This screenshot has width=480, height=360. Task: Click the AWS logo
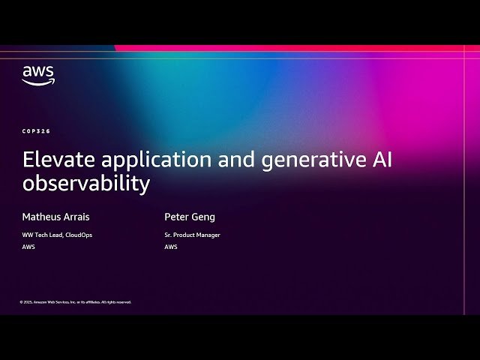pos(37,75)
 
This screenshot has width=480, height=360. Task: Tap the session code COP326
pos(37,131)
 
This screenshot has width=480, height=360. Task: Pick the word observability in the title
pos(86,183)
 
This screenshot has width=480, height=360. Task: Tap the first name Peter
pos(176,217)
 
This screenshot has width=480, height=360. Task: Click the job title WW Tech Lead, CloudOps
pos(57,235)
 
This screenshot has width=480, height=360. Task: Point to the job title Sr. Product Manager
pos(192,235)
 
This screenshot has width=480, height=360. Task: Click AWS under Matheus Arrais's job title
pos(28,247)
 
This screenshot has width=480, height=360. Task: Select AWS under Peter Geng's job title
pos(171,247)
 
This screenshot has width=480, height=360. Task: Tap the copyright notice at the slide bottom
pos(75,302)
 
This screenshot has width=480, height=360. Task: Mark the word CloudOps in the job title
pos(79,235)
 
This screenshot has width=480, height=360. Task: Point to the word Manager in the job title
pos(208,235)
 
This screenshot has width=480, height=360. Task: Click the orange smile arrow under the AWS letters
pos(38,82)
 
